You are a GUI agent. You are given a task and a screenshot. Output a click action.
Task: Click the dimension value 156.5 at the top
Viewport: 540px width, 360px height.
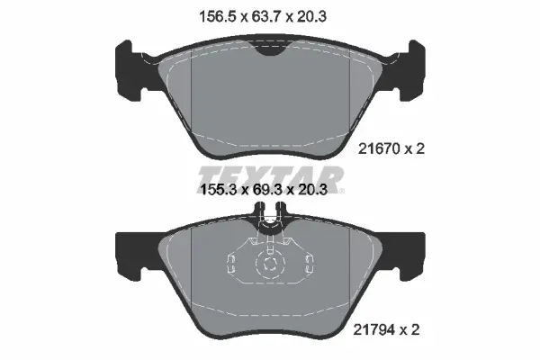(x=218, y=16)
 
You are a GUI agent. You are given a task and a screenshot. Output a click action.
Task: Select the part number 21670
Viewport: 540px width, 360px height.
(x=379, y=148)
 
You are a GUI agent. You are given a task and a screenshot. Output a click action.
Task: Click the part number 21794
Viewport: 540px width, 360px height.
(x=374, y=330)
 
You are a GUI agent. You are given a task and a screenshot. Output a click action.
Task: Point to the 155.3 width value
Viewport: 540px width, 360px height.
(x=219, y=189)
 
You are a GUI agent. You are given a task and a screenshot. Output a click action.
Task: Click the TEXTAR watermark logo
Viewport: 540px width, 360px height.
(x=271, y=178)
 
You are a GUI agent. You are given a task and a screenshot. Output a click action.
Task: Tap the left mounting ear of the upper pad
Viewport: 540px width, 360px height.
(x=128, y=69)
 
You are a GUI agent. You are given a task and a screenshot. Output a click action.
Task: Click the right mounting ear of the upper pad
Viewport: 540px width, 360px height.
(x=412, y=69)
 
